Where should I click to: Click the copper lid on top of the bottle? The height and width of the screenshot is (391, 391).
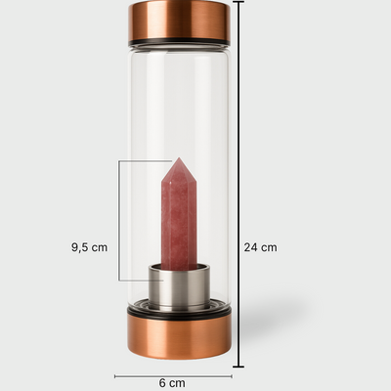tap(179, 21)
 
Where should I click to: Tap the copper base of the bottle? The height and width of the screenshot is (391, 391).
tap(179, 338)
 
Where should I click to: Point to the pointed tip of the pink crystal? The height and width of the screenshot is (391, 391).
tap(179, 158)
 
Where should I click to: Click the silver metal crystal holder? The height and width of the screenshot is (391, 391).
tap(179, 285)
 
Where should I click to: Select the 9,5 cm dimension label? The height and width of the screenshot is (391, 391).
tap(89, 247)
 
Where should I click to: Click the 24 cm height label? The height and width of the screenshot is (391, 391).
tap(260, 247)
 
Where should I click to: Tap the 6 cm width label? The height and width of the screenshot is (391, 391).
tap(172, 383)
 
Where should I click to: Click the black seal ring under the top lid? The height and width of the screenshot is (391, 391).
tap(179, 43)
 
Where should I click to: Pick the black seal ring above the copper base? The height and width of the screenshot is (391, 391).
tap(179, 312)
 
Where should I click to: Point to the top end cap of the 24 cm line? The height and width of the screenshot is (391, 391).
tap(239, 2)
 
